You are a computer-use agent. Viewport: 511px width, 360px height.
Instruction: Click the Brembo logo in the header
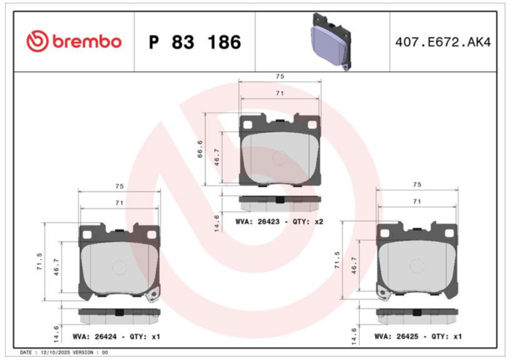click(x=74, y=41)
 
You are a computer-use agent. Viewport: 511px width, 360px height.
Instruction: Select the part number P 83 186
click(x=195, y=42)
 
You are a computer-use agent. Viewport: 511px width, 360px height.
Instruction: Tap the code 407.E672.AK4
click(x=443, y=42)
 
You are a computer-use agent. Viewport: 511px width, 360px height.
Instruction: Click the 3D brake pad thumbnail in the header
click(x=330, y=41)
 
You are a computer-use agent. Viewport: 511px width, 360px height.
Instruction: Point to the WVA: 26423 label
click(x=257, y=221)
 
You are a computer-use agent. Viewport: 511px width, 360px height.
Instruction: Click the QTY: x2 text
click(x=308, y=221)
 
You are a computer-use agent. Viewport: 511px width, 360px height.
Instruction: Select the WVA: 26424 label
click(x=95, y=336)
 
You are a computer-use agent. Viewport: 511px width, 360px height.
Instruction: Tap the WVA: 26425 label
click(x=396, y=336)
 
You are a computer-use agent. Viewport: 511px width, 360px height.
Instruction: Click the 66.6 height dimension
click(x=200, y=149)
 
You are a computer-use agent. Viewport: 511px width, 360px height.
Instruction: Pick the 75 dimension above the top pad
click(x=280, y=76)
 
